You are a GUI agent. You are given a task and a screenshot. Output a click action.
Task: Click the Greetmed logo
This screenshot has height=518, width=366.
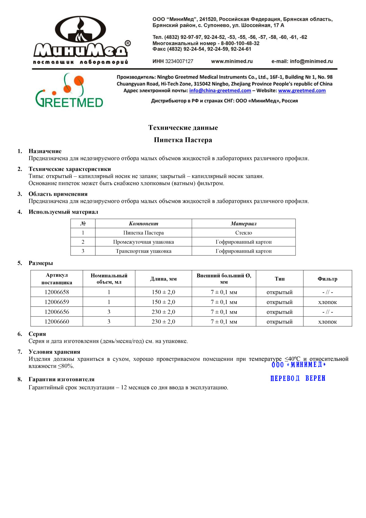(x=69, y=91)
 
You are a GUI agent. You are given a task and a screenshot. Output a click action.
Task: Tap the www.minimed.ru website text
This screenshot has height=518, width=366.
(x=232, y=61)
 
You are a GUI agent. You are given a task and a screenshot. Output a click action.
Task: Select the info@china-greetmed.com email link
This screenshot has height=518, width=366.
(x=220, y=91)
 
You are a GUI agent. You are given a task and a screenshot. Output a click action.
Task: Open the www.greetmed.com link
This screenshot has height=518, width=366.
(x=302, y=91)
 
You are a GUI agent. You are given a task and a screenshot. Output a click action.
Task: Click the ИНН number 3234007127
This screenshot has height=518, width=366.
(x=179, y=61)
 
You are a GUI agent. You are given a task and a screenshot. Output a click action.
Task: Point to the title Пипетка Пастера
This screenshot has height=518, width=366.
(x=183, y=140)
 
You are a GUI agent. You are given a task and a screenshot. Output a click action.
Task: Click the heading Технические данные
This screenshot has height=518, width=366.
(x=183, y=128)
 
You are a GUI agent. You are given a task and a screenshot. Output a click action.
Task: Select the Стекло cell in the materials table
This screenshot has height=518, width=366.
(x=243, y=233)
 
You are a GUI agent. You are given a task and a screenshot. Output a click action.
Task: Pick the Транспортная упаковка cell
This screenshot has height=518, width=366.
(x=143, y=251)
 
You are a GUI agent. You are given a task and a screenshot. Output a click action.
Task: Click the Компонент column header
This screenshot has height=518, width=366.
(x=143, y=224)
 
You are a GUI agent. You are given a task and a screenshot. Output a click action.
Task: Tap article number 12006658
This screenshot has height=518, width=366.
(x=57, y=292)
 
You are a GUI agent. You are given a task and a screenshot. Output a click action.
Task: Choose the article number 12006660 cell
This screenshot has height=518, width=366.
(x=57, y=322)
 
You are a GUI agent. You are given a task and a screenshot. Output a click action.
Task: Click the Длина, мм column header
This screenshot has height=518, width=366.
(x=163, y=279)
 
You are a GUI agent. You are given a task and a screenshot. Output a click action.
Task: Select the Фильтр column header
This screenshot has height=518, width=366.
(x=327, y=279)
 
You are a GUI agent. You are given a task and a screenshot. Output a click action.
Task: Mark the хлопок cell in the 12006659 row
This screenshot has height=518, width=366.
(x=327, y=302)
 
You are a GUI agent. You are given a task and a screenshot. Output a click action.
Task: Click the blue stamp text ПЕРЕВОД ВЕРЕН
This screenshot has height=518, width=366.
(x=298, y=379)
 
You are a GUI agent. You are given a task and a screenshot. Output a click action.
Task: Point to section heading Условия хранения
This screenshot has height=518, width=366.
(x=54, y=352)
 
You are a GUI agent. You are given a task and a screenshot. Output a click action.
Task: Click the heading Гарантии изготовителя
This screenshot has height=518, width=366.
(x=61, y=379)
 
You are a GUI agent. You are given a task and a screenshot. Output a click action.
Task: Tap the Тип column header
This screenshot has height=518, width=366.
(x=279, y=279)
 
